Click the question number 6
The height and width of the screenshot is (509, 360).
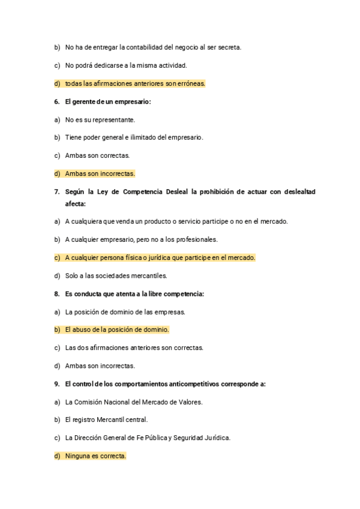pyautogui.click(x=56, y=101)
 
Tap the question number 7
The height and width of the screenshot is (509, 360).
pyautogui.click(x=56, y=191)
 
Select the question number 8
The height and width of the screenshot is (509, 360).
pyautogui.click(x=56, y=294)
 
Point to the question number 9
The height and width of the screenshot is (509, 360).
pyautogui.click(x=56, y=384)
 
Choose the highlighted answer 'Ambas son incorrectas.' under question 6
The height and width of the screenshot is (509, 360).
pyautogui.click(x=100, y=173)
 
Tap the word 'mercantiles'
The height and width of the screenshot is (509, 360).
pyautogui.click(x=148, y=276)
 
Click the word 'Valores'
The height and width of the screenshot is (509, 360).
pyautogui.click(x=190, y=402)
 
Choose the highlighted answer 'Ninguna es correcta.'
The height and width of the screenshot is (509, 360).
pyautogui.click(x=95, y=456)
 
